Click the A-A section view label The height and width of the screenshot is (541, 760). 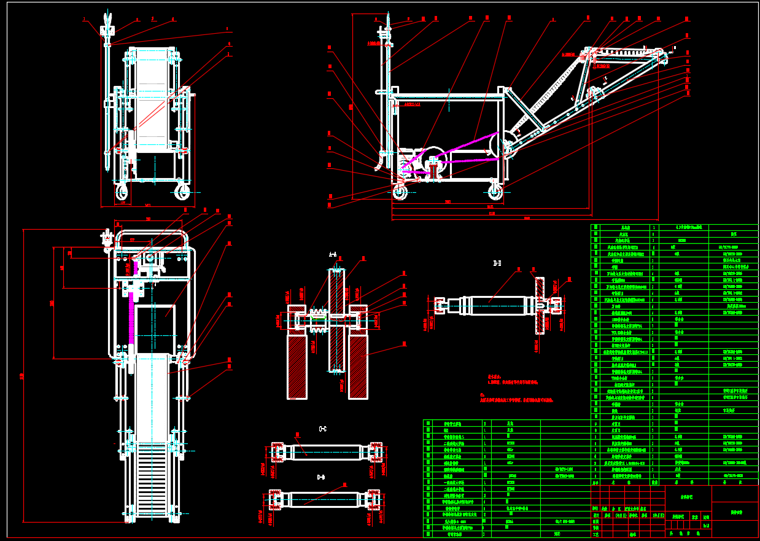[x=333, y=254]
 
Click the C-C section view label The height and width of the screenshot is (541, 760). [x=322, y=429]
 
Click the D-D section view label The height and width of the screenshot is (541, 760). [x=320, y=477]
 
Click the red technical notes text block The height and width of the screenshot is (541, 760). [x=516, y=390]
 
